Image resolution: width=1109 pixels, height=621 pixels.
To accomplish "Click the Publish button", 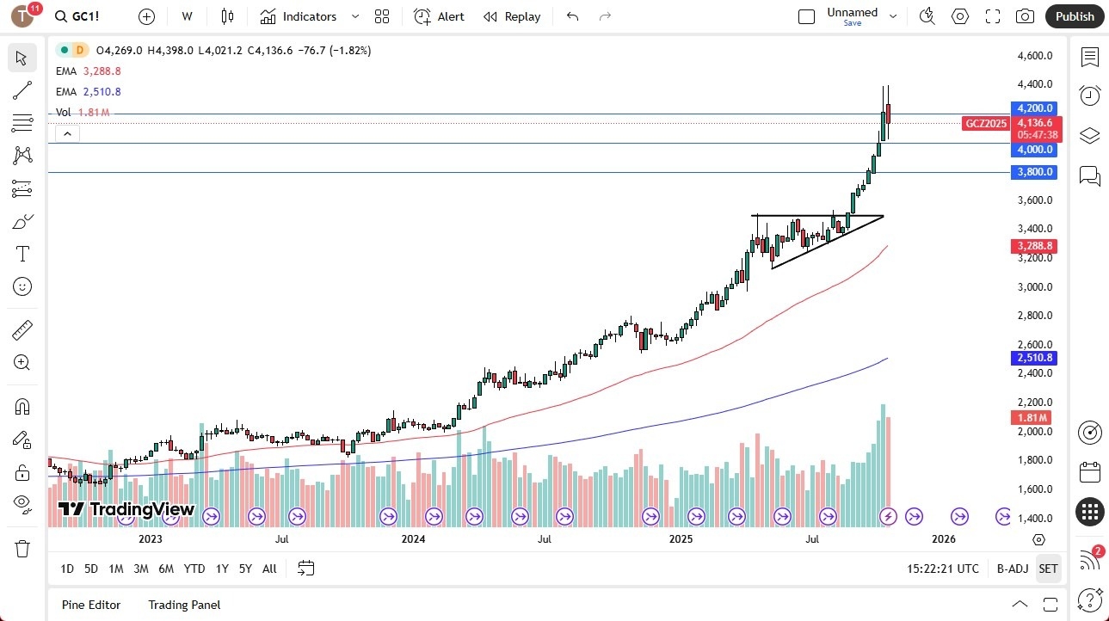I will (x=1075, y=16).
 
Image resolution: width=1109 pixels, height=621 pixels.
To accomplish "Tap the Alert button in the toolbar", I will (x=439, y=16).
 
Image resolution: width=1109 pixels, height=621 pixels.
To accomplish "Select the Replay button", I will (x=512, y=16).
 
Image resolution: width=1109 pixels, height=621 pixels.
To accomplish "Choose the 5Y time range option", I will (x=245, y=569).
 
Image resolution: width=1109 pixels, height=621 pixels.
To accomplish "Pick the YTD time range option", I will (x=194, y=569).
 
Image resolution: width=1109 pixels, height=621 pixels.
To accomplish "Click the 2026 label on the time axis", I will (x=944, y=539).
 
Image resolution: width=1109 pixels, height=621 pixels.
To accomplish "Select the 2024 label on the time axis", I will (x=413, y=539).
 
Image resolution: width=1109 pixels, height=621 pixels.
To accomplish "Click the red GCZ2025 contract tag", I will (x=986, y=123).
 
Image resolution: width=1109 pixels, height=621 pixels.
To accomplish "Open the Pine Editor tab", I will (x=91, y=605).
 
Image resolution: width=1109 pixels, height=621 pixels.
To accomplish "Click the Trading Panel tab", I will (x=184, y=605).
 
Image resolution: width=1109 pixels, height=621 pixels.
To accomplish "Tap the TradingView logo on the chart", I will (x=126, y=509).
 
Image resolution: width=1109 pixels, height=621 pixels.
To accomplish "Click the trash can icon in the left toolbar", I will (x=22, y=548).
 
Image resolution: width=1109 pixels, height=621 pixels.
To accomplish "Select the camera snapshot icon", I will (x=1025, y=16).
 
